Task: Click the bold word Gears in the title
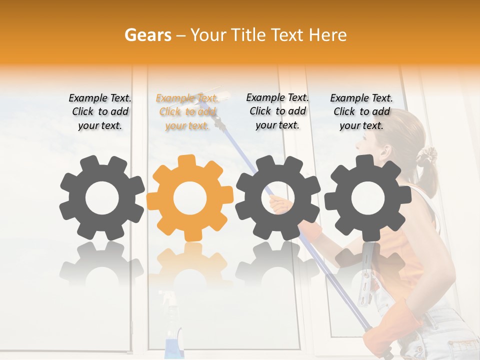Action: tap(147, 35)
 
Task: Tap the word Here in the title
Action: tap(328, 35)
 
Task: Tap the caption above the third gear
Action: tap(277, 111)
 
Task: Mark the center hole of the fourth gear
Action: tap(368, 197)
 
